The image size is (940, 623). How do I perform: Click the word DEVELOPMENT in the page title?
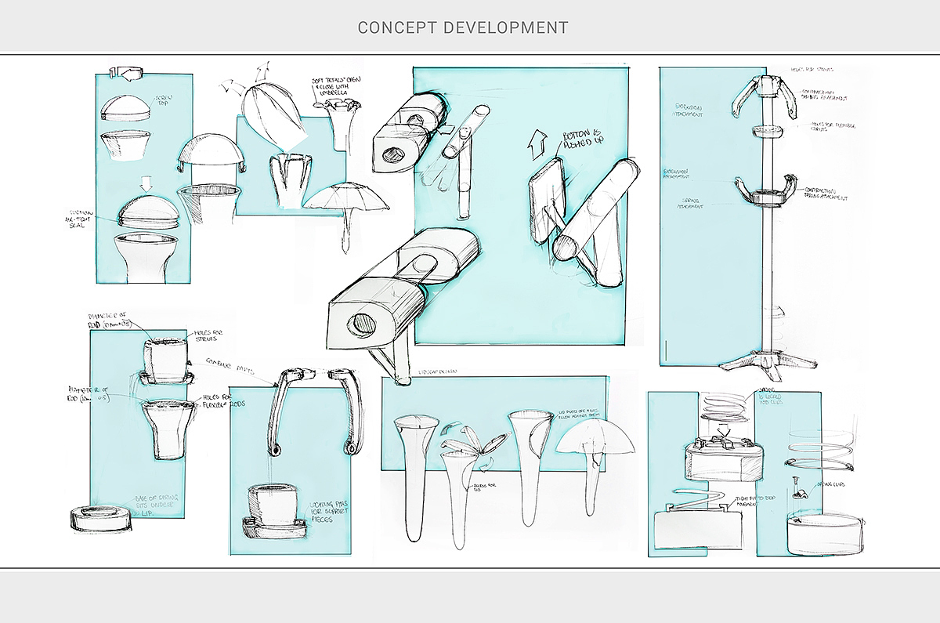[506, 27]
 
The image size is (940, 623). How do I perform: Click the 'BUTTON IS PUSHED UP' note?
[580, 144]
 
